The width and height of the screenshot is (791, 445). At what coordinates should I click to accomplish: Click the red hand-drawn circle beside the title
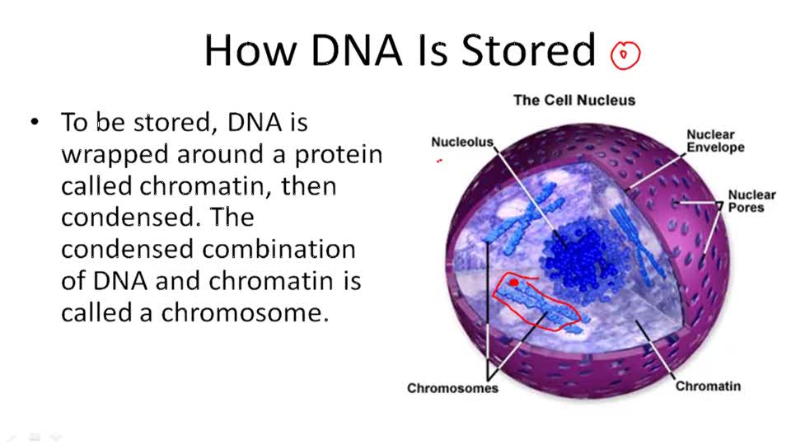[625, 55]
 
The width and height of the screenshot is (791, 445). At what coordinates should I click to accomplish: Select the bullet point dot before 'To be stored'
[34, 123]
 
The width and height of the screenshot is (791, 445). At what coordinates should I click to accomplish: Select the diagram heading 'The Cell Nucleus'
[574, 101]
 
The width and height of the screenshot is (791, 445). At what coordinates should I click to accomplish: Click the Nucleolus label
[462, 143]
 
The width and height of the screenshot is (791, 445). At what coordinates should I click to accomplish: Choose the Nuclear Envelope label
[715, 141]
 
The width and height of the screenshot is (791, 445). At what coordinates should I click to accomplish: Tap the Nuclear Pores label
[751, 201]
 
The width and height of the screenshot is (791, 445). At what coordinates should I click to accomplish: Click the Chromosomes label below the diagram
[452, 388]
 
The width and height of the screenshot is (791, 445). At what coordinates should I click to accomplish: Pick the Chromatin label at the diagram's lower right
[708, 386]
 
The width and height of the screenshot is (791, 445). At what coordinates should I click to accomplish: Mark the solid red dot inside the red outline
[514, 283]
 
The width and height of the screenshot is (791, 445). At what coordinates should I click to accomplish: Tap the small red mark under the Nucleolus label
[440, 162]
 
